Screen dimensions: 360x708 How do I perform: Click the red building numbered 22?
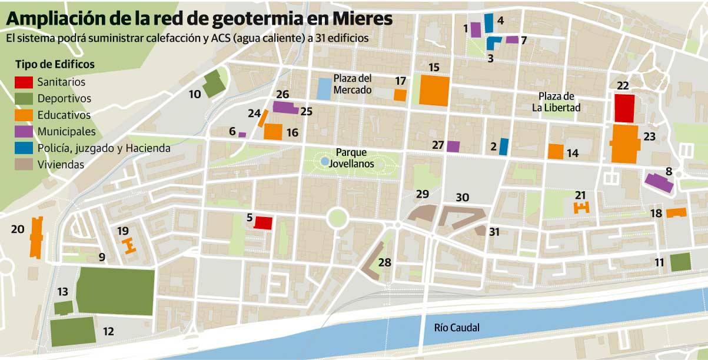tap(623, 108)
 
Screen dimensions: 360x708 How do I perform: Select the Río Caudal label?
tap(456, 328)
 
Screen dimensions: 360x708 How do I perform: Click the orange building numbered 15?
tap(434, 91)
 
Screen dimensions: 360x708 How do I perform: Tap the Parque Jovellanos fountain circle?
tap(325, 161)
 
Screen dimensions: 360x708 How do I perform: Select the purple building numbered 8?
tap(659, 182)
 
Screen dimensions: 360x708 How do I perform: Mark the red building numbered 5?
tap(262, 223)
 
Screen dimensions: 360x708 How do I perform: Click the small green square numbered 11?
tap(680, 262)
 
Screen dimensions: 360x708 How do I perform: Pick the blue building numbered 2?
tap(503, 146)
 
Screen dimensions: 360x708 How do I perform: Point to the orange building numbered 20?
tap(37, 237)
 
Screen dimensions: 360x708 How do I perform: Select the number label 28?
tap(385, 262)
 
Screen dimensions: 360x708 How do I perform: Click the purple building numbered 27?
tap(453, 146)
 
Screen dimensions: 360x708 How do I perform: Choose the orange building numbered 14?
tap(556, 151)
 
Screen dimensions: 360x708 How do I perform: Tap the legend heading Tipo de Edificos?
tap(55, 64)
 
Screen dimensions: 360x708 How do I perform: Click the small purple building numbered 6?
tap(242, 135)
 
